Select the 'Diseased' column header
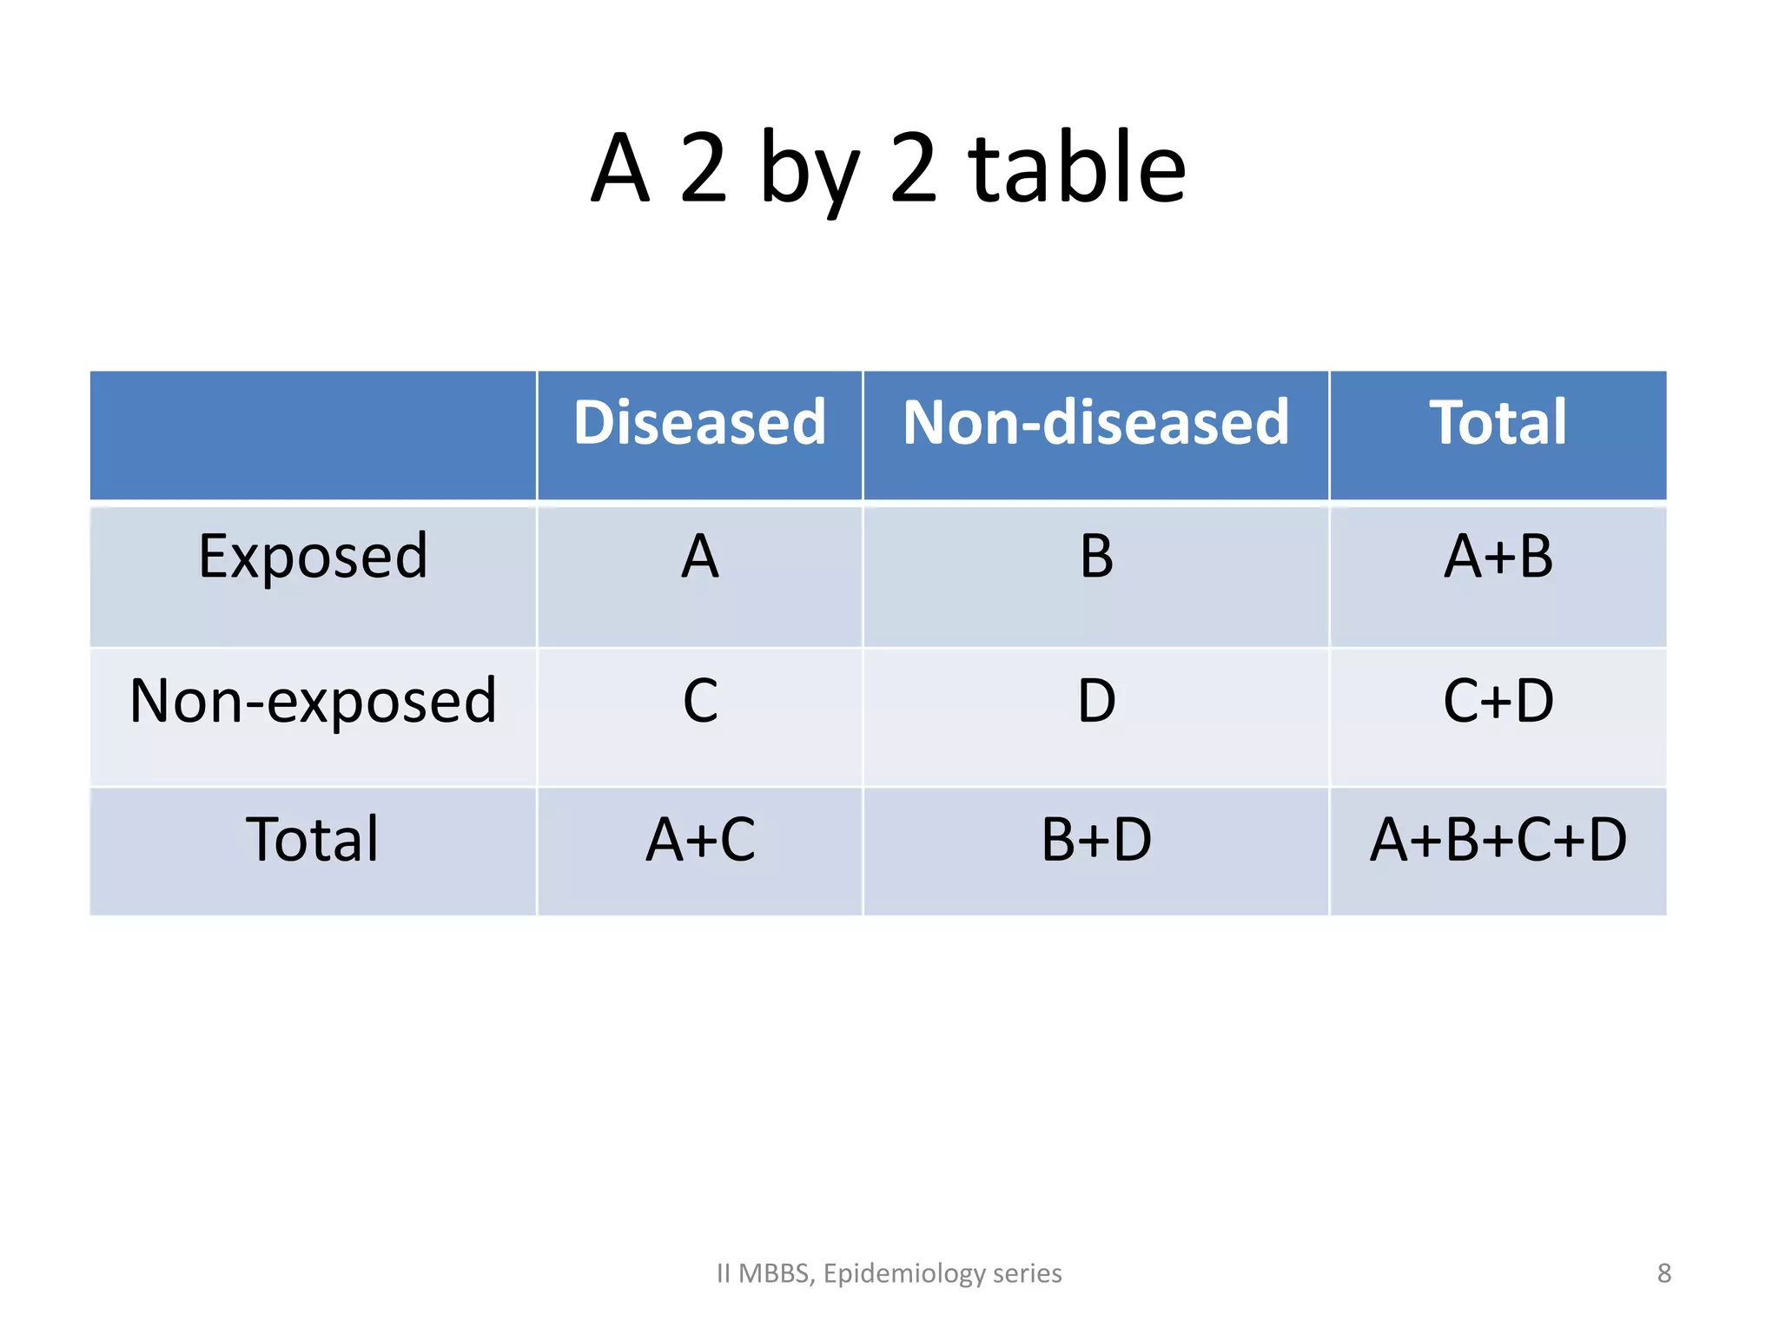pos(699,423)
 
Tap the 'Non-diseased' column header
pos(1095,423)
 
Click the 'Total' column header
pos(1498,423)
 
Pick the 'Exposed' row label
pos(313,556)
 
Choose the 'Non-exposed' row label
pos(313,701)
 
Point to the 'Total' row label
pos(313,840)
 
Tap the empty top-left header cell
pos(313,434)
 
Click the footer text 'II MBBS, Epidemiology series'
pos(889,1273)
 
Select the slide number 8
pos(1663,1273)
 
